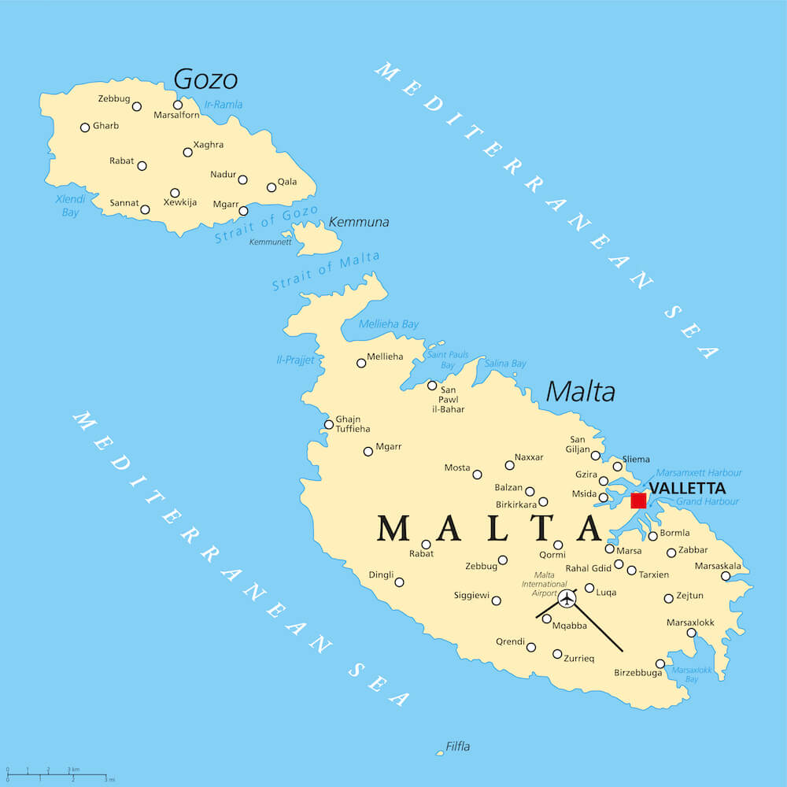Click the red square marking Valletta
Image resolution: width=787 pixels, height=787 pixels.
638,500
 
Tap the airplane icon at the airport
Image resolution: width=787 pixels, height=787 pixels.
567,599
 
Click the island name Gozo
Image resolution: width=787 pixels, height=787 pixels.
205,79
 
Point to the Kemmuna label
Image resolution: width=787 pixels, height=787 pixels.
358,222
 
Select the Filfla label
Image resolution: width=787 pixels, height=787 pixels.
457,746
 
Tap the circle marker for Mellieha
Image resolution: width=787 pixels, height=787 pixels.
361,363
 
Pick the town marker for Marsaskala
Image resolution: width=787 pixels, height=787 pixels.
726,576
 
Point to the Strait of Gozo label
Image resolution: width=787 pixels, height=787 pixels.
267,224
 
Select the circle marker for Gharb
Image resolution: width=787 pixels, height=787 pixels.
85,127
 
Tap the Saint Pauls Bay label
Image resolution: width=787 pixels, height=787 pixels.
448,360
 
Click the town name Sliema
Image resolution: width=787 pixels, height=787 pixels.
636,459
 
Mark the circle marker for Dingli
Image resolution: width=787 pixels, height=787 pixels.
399,582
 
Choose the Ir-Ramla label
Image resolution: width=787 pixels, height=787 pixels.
224,104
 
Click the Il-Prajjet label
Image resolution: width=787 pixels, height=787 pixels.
295,360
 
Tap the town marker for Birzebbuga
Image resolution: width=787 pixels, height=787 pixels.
660,663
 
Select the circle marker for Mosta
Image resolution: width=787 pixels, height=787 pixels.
477,475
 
